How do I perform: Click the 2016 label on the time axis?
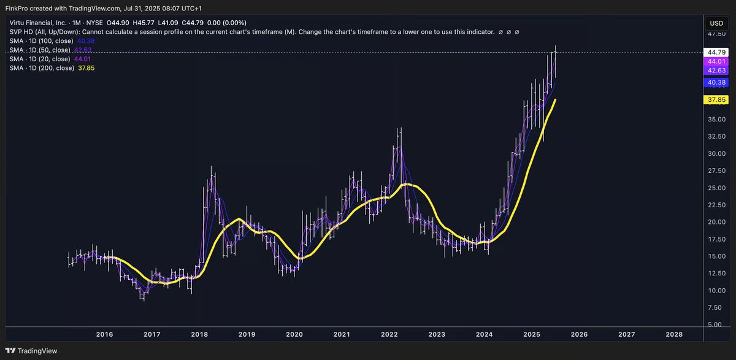pyautogui.click(x=104, y=334)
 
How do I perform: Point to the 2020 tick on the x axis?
pyautogui.click(x=294, y=334)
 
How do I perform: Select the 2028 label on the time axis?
pyautogui.click(x=673, y=334)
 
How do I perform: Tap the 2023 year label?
pyautogui.click(x=437, y=334)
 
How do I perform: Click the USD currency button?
pyautogui.click(x=716, y=23)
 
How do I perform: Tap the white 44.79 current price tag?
pyautogui.click(x=716, y=53)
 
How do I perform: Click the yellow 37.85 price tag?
pyautogui.click(x=716, y=99)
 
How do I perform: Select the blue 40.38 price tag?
pyautogui.click(x=716, y=82)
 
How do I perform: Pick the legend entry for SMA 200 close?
pyautogui.click(x=52, y=68)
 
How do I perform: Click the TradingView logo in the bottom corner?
pyautogui.click(x=36, y=351)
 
